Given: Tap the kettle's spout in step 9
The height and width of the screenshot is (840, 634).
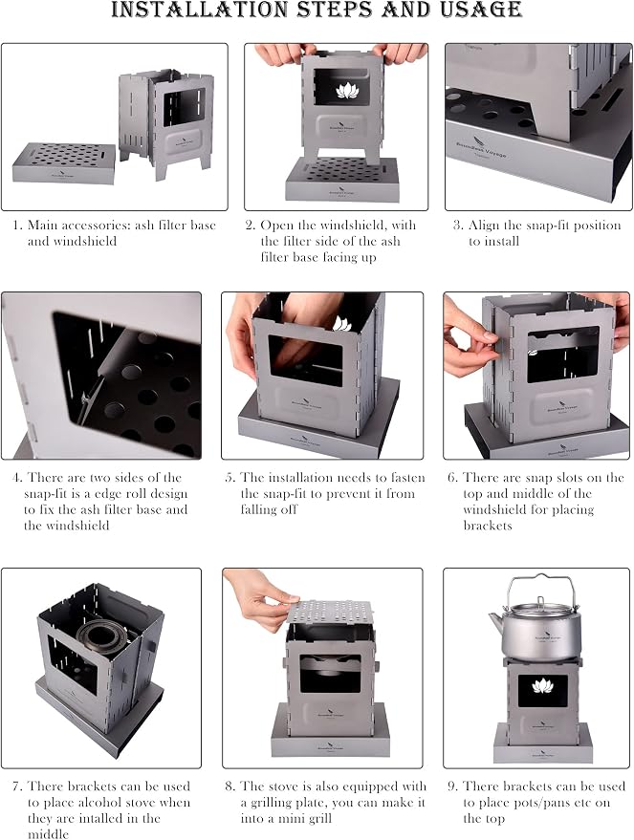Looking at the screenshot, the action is (x=496, y=624).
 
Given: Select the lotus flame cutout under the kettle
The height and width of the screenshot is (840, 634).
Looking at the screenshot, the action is (x=542, y=685).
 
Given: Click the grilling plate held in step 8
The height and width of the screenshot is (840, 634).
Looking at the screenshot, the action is (x=330, y=612).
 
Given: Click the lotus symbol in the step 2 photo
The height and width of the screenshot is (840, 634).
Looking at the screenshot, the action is (x=347, y=90).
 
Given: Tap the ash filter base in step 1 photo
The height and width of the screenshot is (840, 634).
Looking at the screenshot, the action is (x=64, y=162).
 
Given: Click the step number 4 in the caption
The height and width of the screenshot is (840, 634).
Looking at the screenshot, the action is (x=16, y=477).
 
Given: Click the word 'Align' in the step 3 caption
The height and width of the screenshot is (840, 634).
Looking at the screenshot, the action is (x=484, y=226).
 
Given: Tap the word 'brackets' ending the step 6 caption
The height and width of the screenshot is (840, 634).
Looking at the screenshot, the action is (x=488, y=526).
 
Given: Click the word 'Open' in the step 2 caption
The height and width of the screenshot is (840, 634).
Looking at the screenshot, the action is (x=276, y=226).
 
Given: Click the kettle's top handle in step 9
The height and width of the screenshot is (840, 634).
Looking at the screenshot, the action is (x=542, y=584).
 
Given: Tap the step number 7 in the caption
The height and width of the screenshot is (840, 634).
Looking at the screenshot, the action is (x=17, y=786).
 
